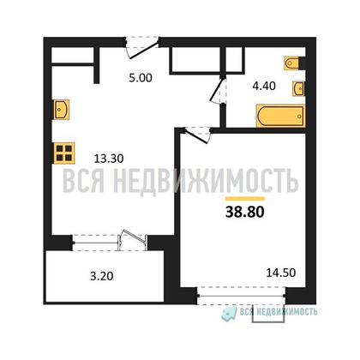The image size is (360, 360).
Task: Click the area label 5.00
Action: point(141,78)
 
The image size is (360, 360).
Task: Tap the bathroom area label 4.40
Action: point(264,86)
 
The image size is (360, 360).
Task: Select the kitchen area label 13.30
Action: point(109,159)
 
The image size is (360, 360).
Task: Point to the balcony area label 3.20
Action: point(102,276)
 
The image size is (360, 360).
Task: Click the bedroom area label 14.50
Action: point(281,273)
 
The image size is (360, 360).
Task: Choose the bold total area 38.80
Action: point(245,212)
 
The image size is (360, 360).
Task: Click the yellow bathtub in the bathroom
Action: point(280,116)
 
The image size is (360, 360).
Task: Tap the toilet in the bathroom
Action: point(295,63)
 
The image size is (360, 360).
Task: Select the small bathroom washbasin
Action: point(298,88)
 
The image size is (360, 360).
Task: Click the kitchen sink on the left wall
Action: point(62,109)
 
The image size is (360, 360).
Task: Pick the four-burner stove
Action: point(64,153)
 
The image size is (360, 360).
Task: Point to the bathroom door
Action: point(218,90)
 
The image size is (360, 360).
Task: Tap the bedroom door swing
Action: point(198,135)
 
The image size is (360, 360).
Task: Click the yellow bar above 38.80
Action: point(245,199)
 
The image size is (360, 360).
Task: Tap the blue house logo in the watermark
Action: point(229,314)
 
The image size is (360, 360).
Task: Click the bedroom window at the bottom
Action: point(242,297)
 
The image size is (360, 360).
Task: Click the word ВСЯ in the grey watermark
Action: point(83,181)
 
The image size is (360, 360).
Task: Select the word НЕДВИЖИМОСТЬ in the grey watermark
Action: point(206,182)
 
